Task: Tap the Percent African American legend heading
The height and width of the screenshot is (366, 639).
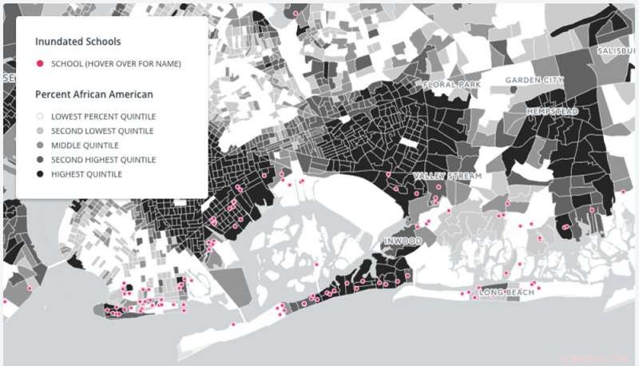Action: [94, 94]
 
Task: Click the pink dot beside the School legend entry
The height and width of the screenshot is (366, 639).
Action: [40, 64]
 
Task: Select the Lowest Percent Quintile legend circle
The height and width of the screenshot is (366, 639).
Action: [40, 116]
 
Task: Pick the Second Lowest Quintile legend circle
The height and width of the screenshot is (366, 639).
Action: [40, 130]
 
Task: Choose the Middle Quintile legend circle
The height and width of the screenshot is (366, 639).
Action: [40, 145]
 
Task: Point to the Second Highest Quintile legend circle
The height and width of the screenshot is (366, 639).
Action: [40, 159]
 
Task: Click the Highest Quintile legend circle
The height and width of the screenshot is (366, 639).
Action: [40, 173]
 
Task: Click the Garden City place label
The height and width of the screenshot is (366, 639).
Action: [534, 81]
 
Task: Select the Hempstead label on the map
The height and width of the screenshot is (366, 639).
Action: [552, 109]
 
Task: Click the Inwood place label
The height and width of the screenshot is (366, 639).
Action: [402, 241]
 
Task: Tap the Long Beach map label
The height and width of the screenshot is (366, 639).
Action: [500, 293]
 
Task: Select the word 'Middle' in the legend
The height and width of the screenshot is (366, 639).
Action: [65, 145]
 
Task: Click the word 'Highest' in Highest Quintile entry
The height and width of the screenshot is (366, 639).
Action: [67, 173]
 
